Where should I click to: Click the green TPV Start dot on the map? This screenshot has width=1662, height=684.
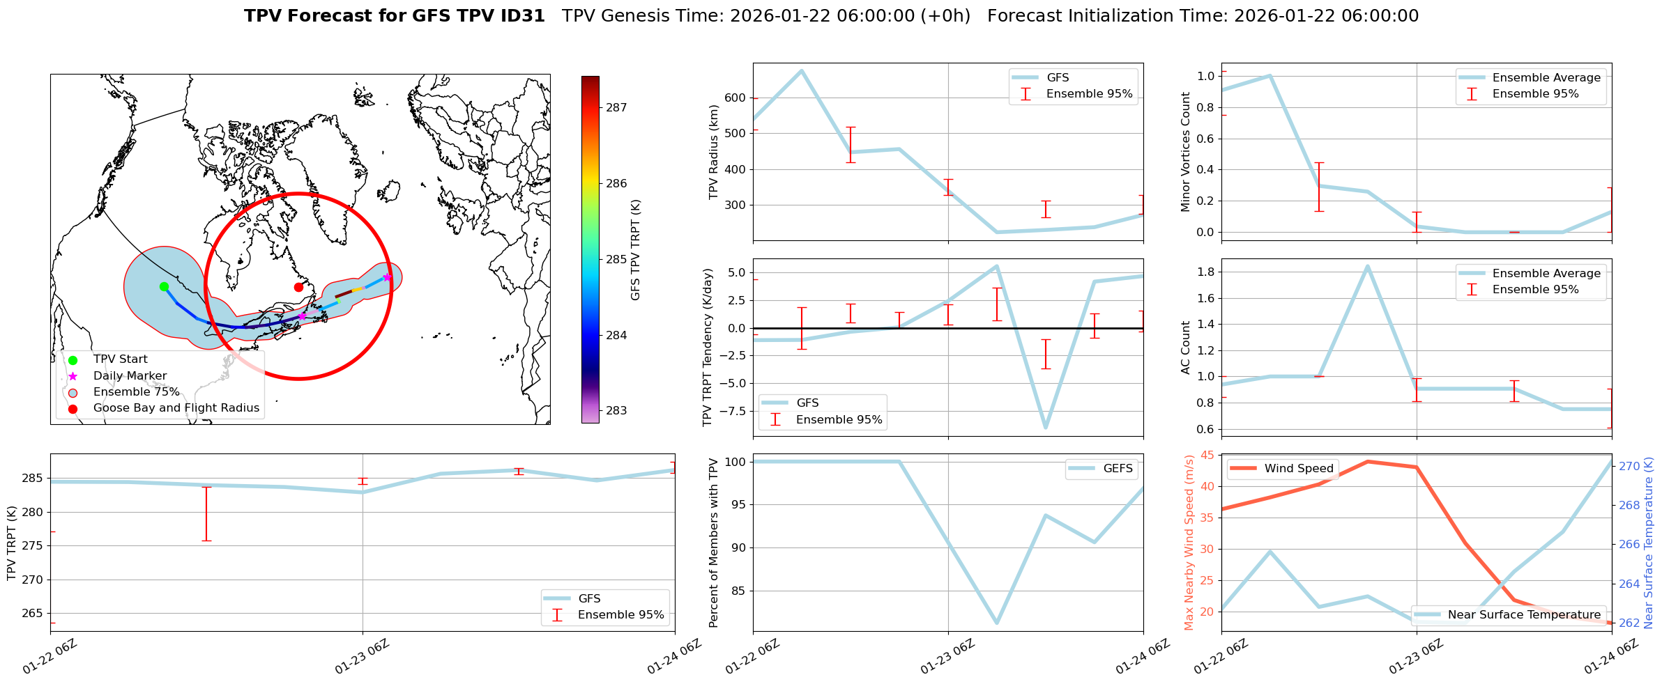point(164,286)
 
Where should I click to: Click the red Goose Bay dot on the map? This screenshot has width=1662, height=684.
point(298,287)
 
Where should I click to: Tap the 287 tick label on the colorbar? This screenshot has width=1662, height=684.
point(616,108)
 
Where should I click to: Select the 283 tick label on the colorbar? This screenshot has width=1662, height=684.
point(616,411)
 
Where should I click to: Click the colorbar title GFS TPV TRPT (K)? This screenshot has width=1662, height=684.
point(635,250)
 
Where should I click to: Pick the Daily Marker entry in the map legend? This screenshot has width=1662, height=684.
point(130,375)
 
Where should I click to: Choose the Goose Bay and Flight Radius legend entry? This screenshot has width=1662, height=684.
point(176,408)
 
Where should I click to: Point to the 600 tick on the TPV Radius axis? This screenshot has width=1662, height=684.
point(735,98)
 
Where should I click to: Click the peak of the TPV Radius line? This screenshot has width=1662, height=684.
point(802,70)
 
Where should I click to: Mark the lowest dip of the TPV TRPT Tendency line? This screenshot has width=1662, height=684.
point(1046,428)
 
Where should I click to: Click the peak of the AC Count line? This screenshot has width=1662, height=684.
point(1368,266)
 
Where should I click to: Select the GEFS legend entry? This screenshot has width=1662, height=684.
point(1118,469)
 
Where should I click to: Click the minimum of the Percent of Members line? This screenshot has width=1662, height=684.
point(997,623)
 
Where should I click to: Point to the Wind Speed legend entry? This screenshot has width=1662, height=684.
point(1298,469)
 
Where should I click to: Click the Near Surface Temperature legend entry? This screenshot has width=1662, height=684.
point(1523,614)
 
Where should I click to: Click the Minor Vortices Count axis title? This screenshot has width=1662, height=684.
point(1186,152)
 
